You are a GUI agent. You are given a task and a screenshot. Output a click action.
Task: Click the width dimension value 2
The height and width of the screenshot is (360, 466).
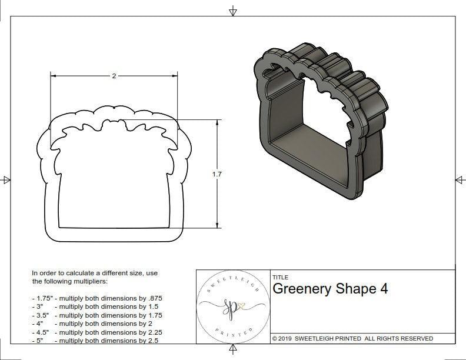tap(114, 75)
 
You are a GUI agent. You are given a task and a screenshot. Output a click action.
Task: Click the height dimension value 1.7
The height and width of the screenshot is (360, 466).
tap(218, 174)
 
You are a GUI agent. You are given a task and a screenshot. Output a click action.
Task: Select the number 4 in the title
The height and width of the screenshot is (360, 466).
tap(384, 289)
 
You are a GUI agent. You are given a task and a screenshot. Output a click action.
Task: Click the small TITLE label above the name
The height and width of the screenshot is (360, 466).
tap(280, 278)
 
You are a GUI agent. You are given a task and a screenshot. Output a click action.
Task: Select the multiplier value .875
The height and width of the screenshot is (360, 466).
tap(154, 298)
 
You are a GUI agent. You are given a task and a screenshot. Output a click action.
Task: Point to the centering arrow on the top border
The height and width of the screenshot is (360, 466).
tap(233, 11)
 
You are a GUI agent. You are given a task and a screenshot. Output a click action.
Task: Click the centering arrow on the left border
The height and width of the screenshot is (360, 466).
tap(6, 180)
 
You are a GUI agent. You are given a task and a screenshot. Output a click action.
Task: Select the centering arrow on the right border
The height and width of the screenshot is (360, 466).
tap(459, 179)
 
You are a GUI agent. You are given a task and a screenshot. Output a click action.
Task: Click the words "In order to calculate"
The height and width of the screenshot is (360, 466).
tap(62, 273)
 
